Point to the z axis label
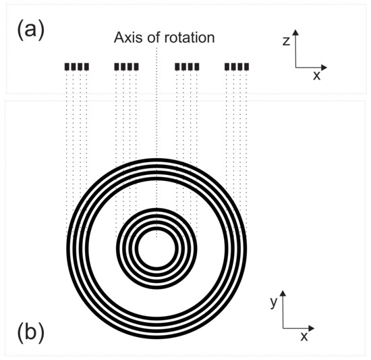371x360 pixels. (286, 41)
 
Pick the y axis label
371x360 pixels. (273, 303)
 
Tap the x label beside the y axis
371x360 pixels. (304, 335)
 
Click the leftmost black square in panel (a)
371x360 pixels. (67, 66)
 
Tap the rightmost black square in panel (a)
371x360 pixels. (248, 66)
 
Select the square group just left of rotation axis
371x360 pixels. (126, 66)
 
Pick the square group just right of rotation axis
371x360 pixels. (187, 66)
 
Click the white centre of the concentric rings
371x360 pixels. (156, 248)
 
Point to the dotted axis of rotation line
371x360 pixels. (156, 135)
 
